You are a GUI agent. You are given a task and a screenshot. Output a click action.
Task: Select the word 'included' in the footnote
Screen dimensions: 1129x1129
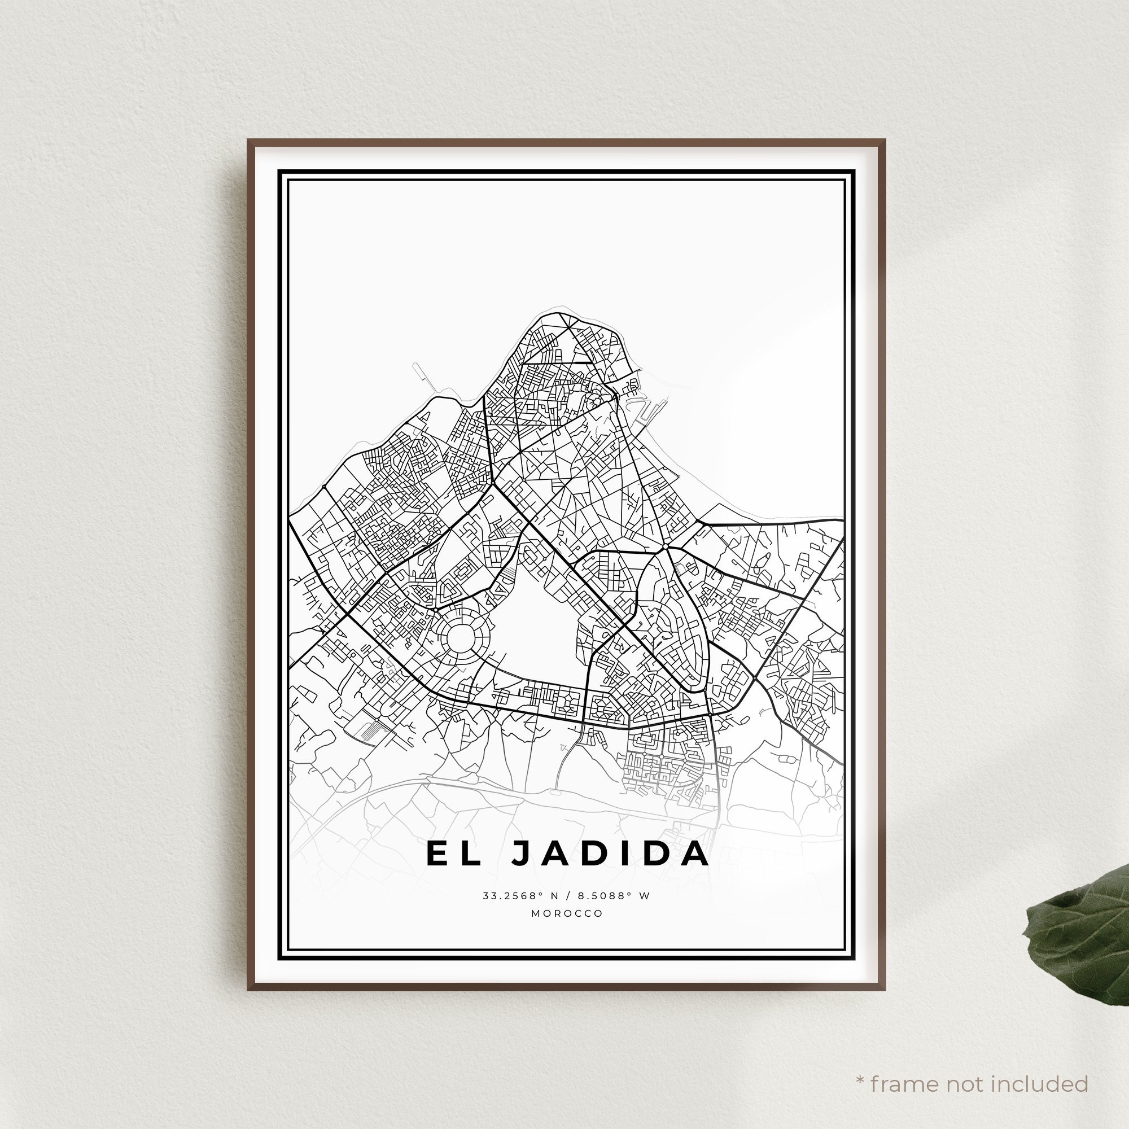pos(1042,1067)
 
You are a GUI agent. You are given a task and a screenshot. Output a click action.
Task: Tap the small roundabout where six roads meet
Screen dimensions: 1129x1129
pos(666,546)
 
